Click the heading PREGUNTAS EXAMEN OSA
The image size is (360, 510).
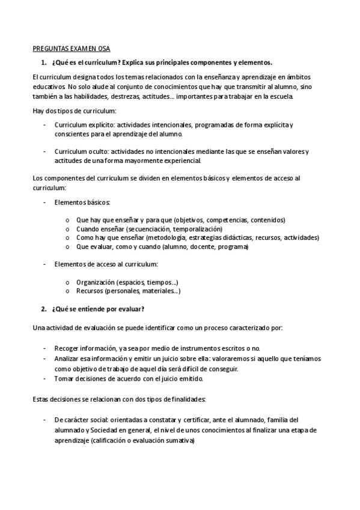71,49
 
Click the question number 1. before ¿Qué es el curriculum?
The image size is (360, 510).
43,63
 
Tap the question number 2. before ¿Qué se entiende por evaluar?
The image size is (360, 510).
43,309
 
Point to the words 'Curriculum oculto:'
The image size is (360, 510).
79,152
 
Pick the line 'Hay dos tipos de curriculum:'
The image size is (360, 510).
74,111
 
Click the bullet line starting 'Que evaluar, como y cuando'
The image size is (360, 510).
162,247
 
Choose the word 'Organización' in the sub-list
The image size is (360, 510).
96,282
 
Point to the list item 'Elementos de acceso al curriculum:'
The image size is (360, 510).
106,265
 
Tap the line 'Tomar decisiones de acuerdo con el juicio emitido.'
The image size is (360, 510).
129,379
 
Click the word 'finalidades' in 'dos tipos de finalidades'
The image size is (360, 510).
186,399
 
